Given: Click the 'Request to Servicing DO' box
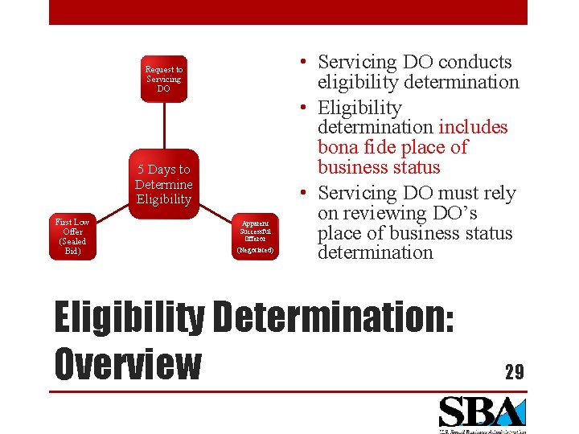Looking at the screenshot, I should point(163,79).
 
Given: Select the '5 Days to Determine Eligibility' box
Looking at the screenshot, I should point(163,184).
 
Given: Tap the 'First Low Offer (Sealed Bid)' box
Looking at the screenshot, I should point(72,236).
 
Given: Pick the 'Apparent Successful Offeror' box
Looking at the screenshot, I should point(255,236).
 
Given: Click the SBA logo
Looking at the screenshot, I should point(482,413).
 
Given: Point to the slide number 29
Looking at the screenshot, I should point(514,372).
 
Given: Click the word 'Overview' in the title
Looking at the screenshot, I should point(127,363).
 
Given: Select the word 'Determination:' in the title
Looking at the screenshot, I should point(334,317).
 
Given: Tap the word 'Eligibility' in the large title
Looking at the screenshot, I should point(129,317).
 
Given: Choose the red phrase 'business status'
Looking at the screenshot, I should point(379,167).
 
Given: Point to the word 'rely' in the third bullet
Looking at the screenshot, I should point(498,193).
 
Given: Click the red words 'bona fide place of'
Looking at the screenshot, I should point(392,147).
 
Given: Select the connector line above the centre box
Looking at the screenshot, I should point(163,125).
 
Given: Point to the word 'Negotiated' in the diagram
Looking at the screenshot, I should point(255,250).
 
